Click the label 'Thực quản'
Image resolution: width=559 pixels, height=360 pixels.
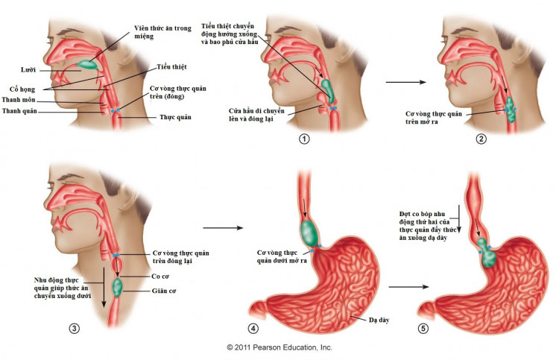177,117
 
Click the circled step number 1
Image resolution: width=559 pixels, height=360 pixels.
303,139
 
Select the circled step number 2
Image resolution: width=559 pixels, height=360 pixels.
482,139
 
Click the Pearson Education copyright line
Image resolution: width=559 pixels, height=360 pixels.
279,347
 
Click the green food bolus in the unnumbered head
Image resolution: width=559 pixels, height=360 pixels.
89,64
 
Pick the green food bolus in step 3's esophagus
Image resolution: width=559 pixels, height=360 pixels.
118,285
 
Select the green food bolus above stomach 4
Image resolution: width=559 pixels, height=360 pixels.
307,230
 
